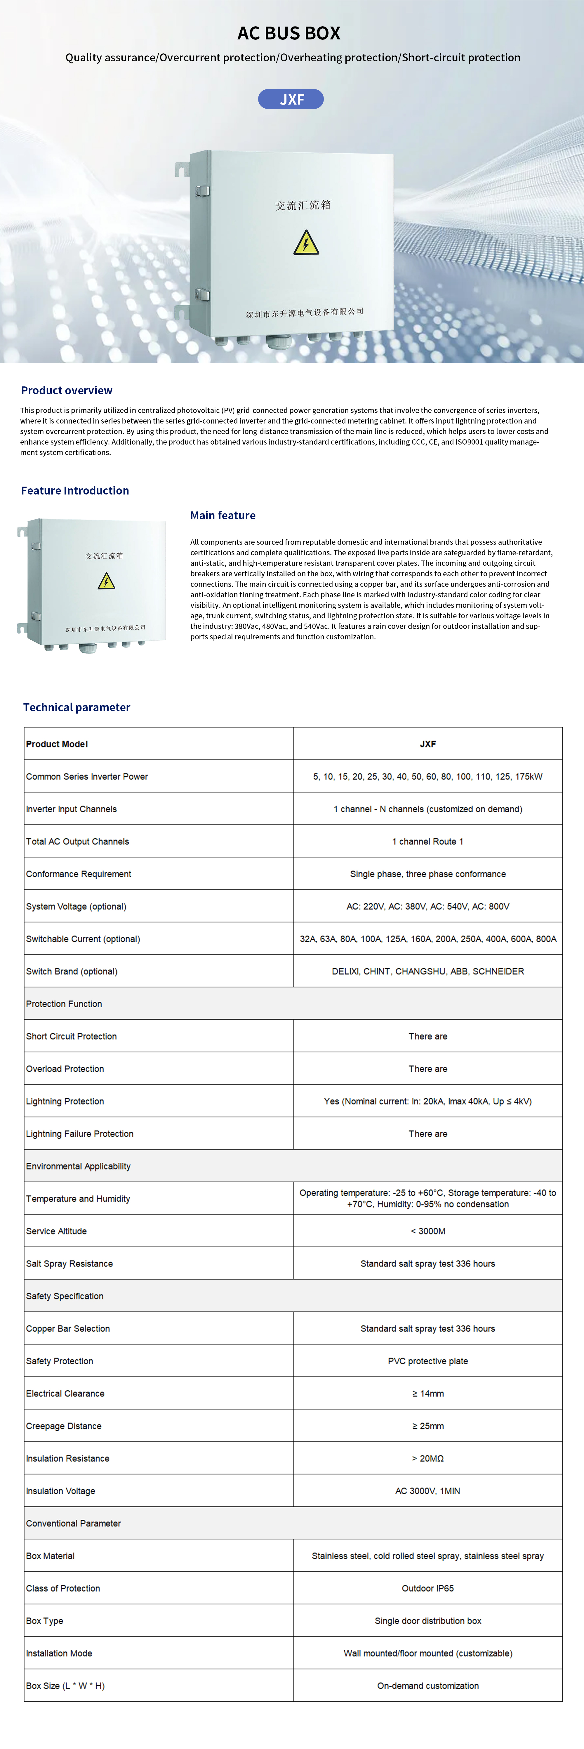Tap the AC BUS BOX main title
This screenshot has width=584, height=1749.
288,33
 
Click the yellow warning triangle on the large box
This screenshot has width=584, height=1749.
306,243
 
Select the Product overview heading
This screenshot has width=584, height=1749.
67,391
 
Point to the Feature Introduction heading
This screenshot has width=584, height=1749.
75,490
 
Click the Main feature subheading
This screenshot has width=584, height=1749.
223,515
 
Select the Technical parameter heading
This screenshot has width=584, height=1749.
77,707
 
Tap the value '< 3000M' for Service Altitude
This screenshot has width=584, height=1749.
428,1231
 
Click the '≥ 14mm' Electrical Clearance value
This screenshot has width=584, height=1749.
428,1393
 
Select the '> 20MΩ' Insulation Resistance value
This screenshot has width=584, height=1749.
428,1458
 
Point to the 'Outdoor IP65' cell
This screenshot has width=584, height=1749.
428,1588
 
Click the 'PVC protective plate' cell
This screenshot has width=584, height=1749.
428,1361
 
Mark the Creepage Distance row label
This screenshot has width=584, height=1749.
64,1426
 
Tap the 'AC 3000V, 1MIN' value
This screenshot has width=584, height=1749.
428,1491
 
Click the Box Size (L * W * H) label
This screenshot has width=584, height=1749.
65,1686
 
